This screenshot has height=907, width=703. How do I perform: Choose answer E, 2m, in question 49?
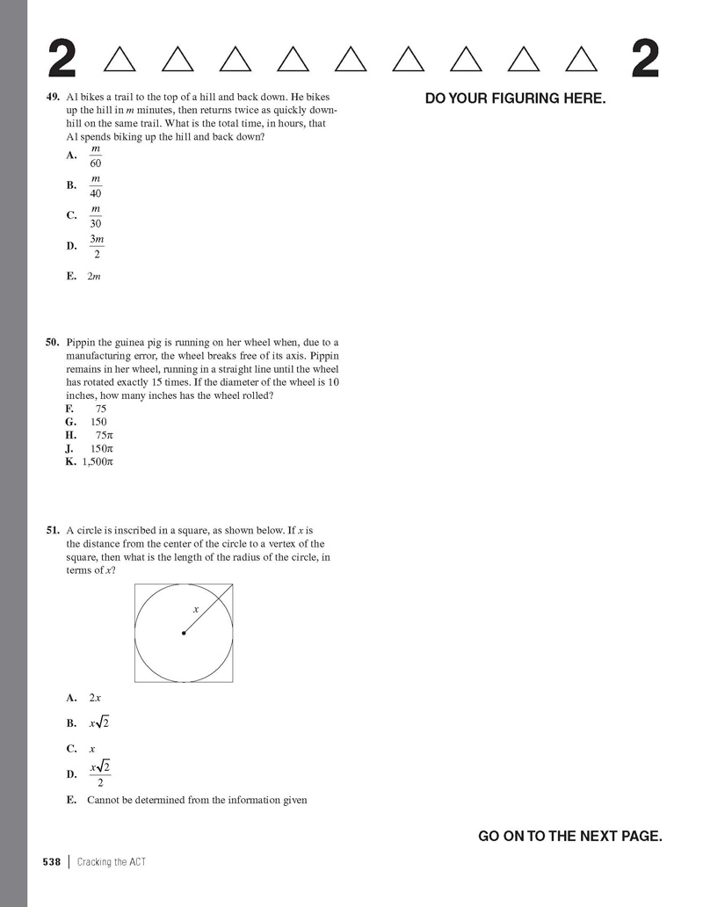coord(95,276)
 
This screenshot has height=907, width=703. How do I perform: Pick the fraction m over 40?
coord(96,185)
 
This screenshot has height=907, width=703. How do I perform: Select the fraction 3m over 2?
coord(97,246)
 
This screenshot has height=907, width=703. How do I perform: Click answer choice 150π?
coord(103,448)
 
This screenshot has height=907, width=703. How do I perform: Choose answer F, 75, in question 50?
coord(100,410)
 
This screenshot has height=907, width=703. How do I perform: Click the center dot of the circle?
coord(184,633)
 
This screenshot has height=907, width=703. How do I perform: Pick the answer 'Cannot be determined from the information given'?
coord(197,800)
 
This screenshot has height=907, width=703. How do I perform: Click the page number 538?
coord(51,862)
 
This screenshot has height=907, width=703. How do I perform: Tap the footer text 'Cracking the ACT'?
coord(111,862)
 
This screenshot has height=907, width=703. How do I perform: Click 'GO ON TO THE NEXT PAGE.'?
coord(569,836)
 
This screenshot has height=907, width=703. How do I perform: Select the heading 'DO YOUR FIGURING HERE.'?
coord(515,98)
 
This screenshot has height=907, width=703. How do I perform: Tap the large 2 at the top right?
coord(646,60)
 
